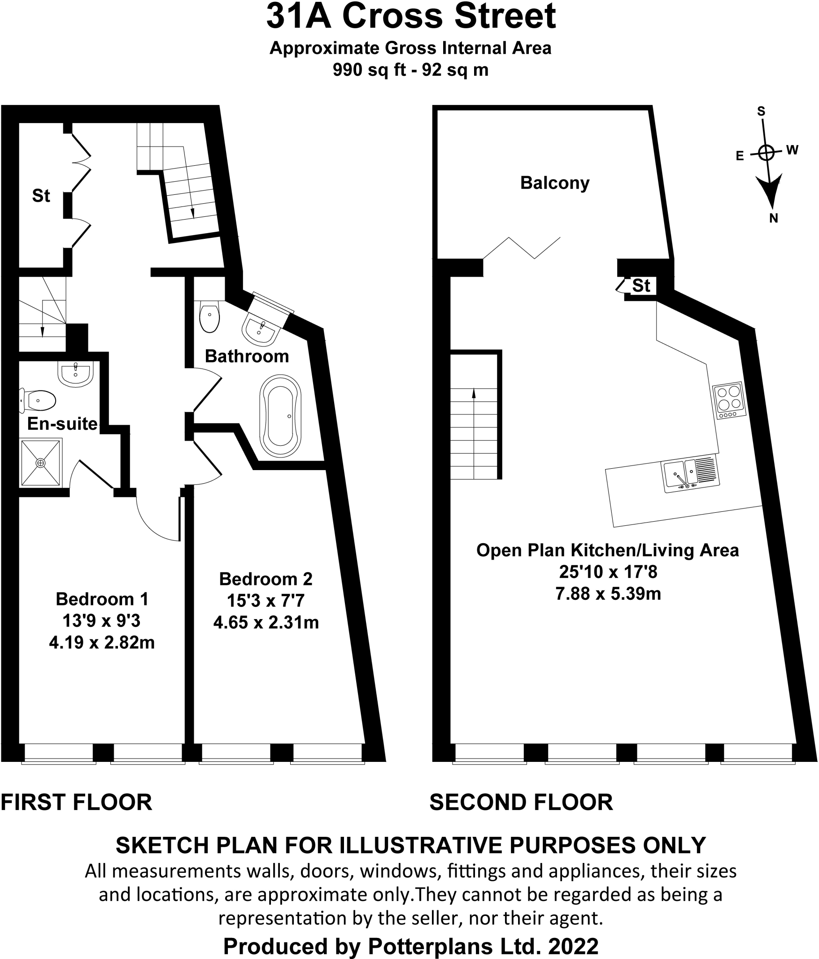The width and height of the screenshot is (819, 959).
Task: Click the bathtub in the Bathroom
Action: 280,416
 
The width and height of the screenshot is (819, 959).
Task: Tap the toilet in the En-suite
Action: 38,400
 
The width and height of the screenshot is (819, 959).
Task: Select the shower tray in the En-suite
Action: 41,463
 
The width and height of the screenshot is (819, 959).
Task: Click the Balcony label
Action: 555,183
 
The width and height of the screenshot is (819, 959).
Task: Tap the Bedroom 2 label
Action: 266,579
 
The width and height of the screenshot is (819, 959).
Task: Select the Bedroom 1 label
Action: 102,599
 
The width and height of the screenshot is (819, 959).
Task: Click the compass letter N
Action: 774,218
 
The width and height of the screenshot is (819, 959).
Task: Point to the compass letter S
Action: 761,111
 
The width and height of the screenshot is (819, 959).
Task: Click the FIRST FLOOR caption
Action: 77,802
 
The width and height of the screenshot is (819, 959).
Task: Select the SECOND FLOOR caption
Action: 521,802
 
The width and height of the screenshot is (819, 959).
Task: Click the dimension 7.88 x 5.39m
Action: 608,594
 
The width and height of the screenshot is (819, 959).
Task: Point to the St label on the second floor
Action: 641,286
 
